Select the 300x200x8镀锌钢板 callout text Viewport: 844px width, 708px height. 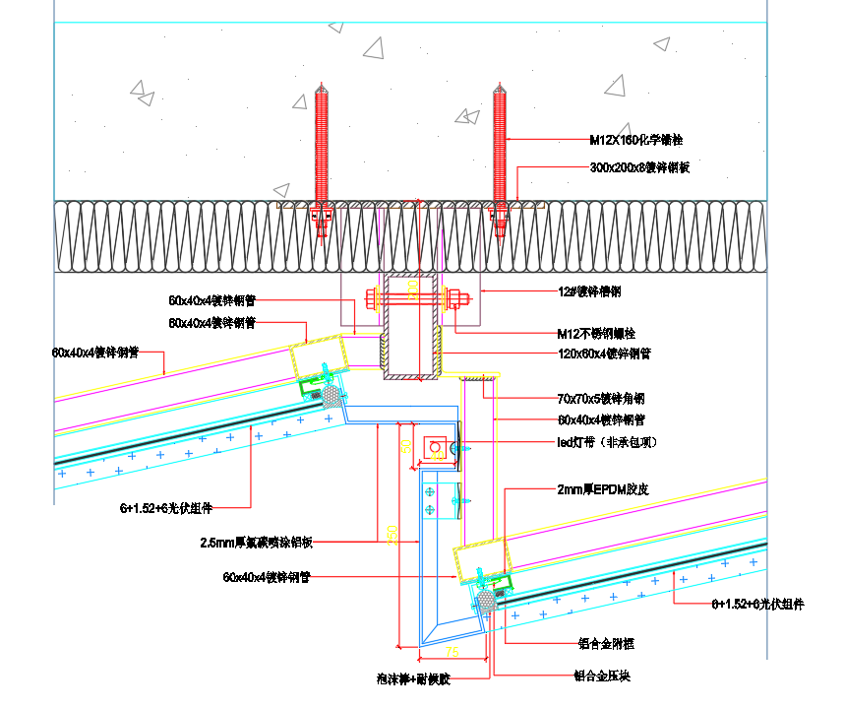(x=638, y=167)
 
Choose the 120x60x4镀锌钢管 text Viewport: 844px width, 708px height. (x=603, y=354)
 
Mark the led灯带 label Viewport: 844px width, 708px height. (x=607, y=443)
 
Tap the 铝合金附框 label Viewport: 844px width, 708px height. (x=606, y=644)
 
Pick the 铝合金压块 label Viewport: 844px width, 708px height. (x=601, y=677)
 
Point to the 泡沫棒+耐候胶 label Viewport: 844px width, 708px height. (x=412, y=678)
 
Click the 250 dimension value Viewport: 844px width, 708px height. (x=392, y=534)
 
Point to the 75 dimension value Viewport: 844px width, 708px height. (x=452, y=653)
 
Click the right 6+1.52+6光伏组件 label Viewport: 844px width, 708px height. (x=756, y=605)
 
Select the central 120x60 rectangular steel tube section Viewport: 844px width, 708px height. (x=412, y=325)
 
